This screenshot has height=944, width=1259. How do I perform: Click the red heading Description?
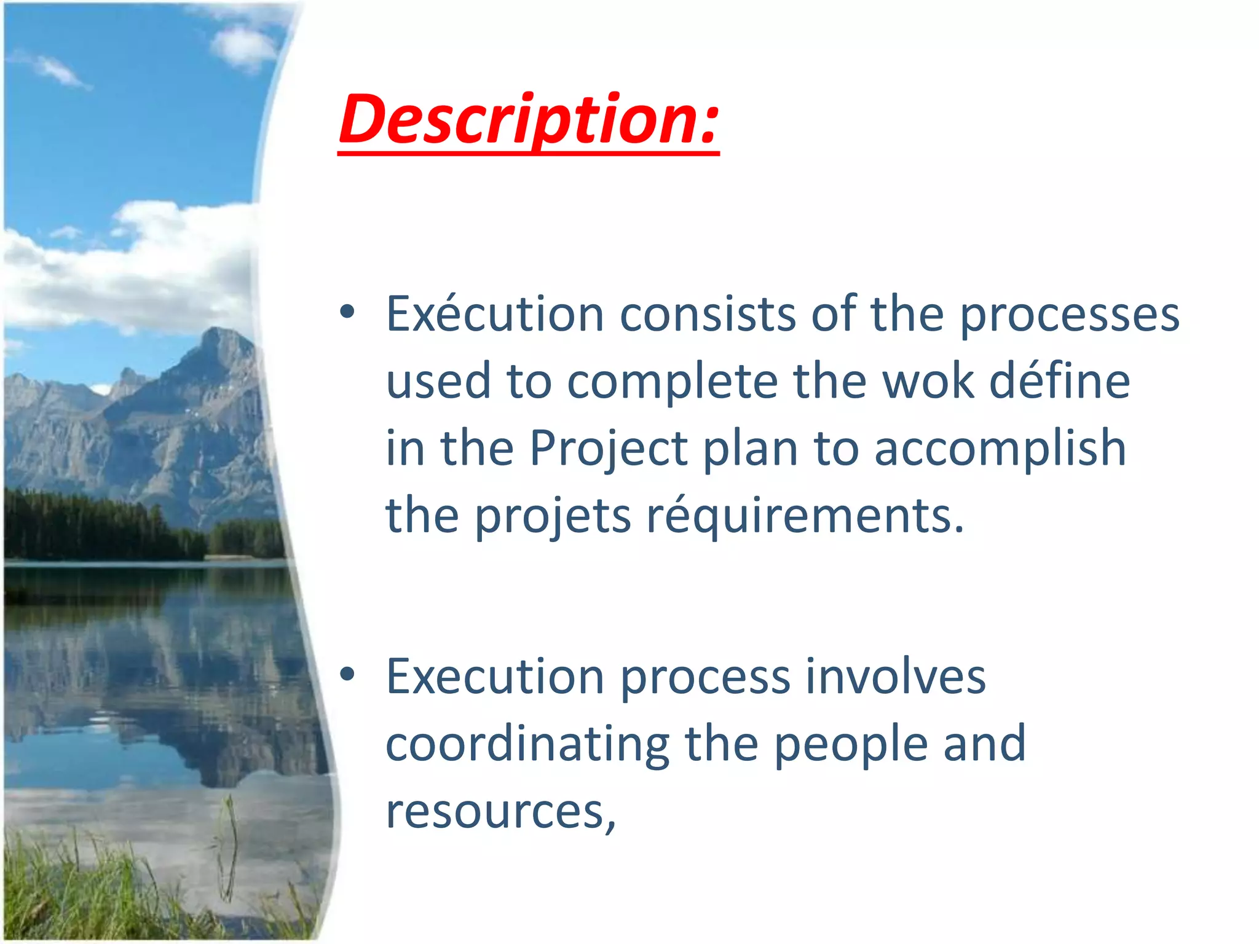pyautogui.click(x=529, y=120)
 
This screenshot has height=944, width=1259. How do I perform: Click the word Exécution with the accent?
pyautogui.click(x=495, y=315)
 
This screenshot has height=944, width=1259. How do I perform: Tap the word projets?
pyautogui.click(x=553, y=516)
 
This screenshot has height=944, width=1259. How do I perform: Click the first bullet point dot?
pyautogui.click(x=347, y=312)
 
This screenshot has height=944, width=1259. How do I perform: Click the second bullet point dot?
pyautogui.click(x=347, y=675)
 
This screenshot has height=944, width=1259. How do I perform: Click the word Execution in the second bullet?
pyautogui.click(x=495, y=677)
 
